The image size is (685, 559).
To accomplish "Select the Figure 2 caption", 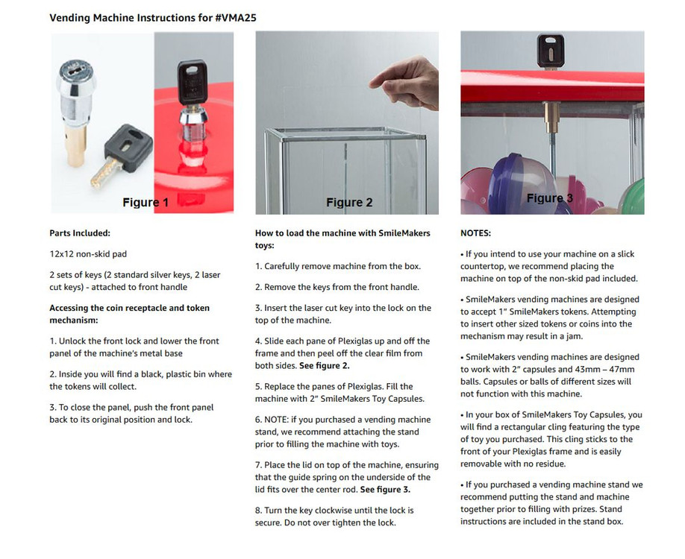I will click(x=348, y=202).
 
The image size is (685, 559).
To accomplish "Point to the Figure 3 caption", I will click(x=551, y=198).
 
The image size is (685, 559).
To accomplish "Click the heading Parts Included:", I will click(x=80, y=233).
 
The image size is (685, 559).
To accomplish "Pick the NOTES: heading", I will click(x=475, y=233).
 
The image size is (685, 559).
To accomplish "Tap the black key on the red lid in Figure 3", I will click(x=550, y=51).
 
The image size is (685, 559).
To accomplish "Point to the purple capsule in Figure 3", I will click(x=522, y=183).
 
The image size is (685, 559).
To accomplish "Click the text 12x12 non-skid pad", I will click(x=88, y=254).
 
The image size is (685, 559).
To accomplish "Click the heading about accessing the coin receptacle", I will click(x=129, y=314).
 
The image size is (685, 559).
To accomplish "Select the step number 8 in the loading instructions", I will click(x=258, y=510).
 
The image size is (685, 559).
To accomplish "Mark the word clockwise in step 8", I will click(x=329, y=510).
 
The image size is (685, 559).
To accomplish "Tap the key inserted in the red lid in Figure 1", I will click(x=192, y=83).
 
